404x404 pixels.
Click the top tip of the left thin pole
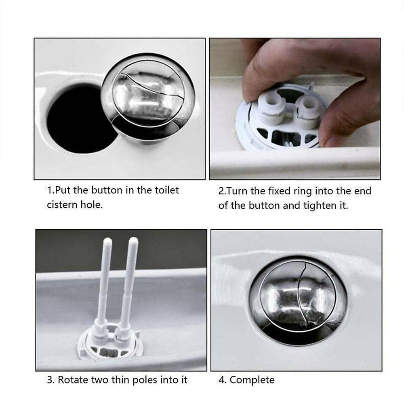pos(107,240)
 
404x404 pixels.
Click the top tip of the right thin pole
pos(133,240)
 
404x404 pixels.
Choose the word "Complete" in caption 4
pos(252,380)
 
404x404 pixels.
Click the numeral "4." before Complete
pos(223,380)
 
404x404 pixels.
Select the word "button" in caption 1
pos(107,190)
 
